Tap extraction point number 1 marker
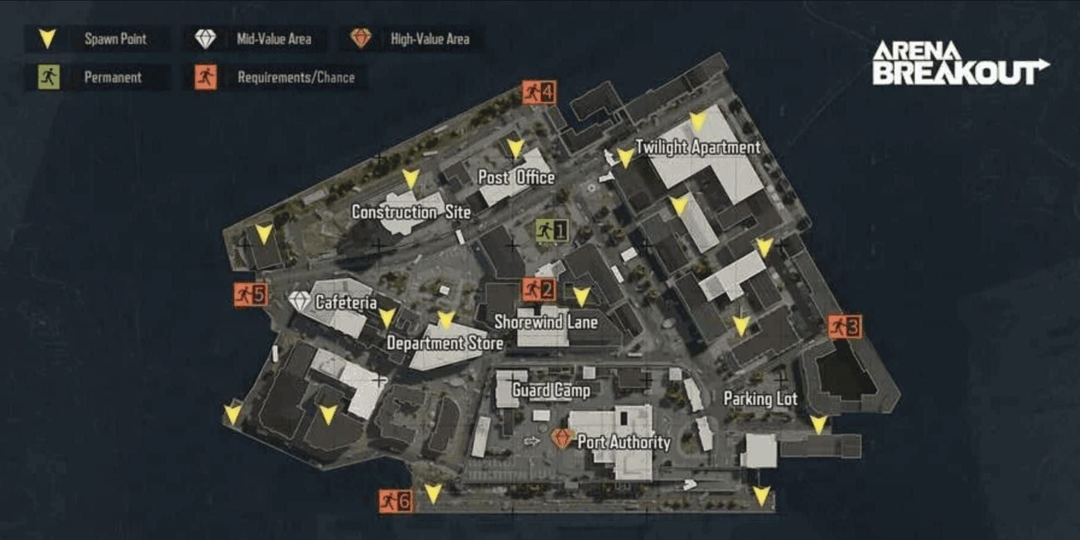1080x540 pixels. [x=551, y=230]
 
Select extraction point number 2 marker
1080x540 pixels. [x=538, y=290]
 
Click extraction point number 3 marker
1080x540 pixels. [x=844, y=327]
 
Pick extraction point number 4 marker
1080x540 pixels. [x=539, y=92]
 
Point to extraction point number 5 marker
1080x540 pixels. [x=251, y=294]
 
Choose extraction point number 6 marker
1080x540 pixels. [x=396, y=501]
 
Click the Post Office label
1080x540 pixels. [x=516, y=177]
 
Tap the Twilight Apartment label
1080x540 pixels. [x=698, y=147]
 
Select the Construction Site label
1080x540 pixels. [x=411, y=212]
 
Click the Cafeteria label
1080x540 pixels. [x=346, y=302]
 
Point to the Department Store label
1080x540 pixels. [x=445, y=343]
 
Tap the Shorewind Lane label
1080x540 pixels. [x=546, y=322]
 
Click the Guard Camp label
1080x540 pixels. [x=551, y=390]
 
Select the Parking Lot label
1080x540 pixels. [x=760, y=399]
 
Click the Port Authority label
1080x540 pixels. [x=624, y=442]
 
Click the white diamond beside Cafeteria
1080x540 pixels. [x=300, y=301]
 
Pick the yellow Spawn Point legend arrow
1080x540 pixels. [x=47, y=39]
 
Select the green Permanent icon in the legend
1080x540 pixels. [x=49, y=77]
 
